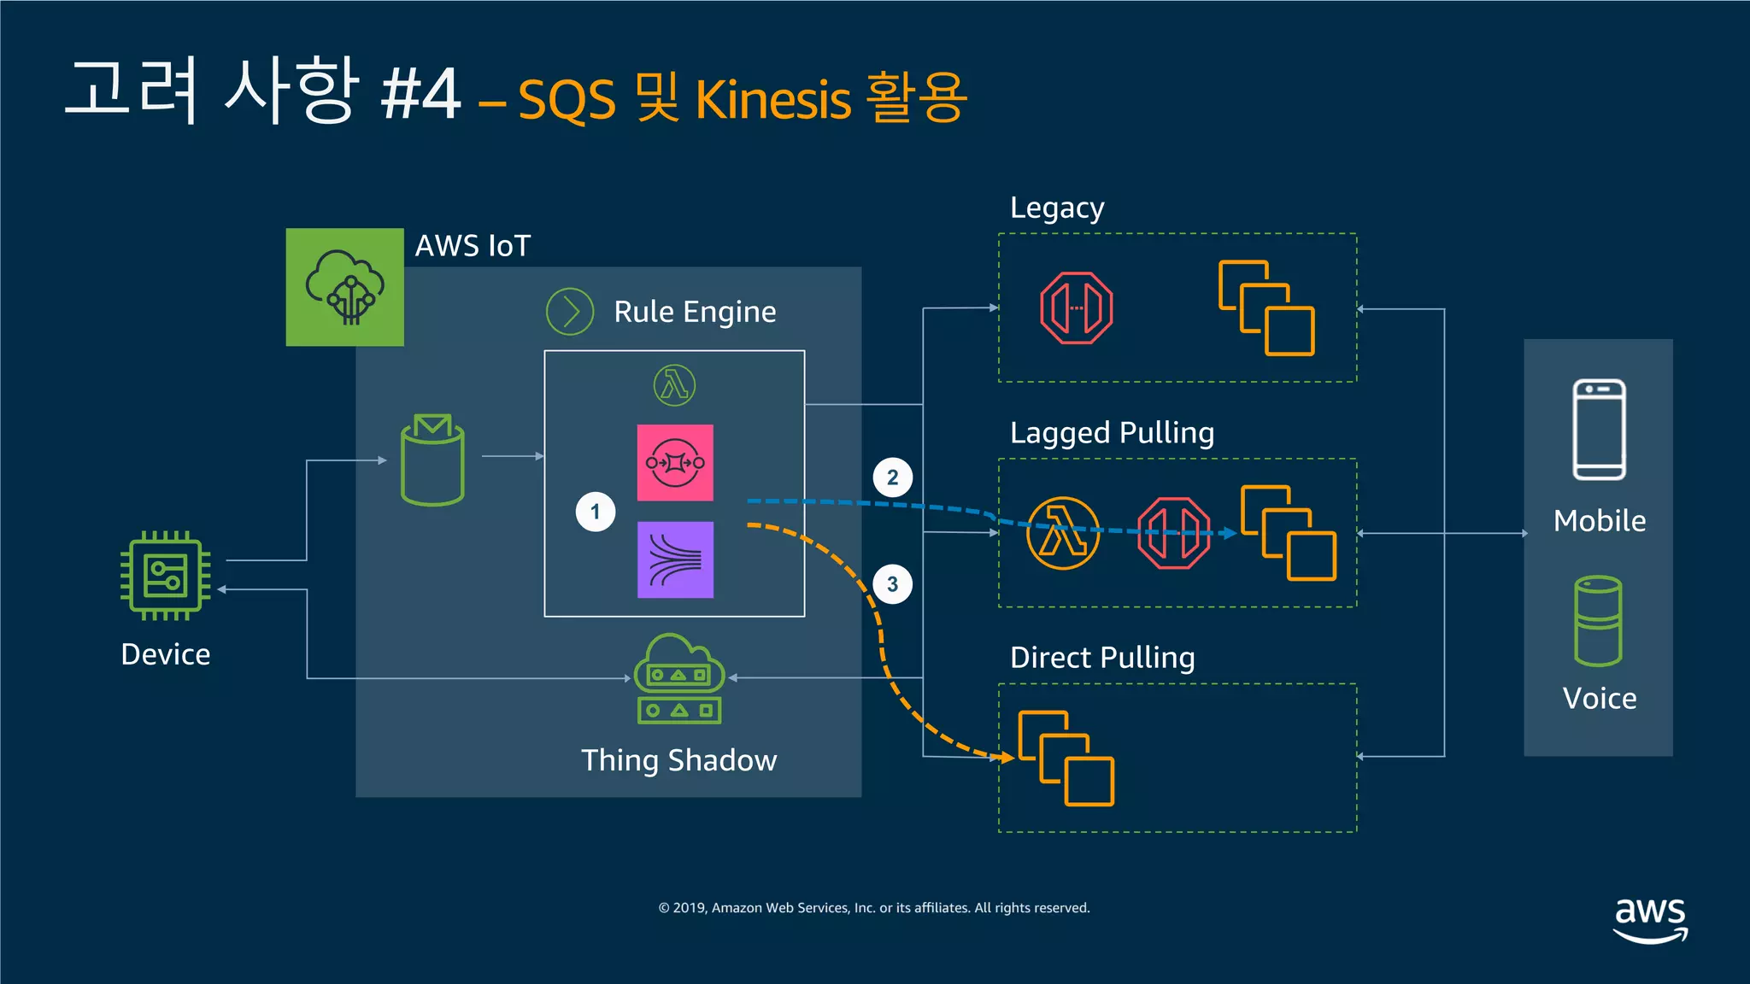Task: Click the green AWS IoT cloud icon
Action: point(344,287)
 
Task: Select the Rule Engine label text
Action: point(694,312)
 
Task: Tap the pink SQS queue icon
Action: point(675,463)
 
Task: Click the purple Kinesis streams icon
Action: point(675,559)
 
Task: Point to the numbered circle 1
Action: point(596,512)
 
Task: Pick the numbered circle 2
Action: point(892,477)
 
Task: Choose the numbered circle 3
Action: point(892,584)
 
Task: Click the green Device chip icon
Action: point(166,575)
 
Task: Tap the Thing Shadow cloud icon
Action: point(679,678)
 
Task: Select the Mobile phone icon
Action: point(1599,430)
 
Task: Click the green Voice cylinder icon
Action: point(1598,621)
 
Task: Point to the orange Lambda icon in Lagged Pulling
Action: point(1062,533)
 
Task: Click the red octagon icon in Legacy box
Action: point(1076,308)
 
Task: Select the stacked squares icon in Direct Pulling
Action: point(1066,758)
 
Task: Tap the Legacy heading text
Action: point(1057,208)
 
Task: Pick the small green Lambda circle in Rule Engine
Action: point(674,385)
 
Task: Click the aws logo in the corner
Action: point(1650,919)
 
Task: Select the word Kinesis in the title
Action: point(772,100)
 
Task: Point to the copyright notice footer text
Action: point(874,908)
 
